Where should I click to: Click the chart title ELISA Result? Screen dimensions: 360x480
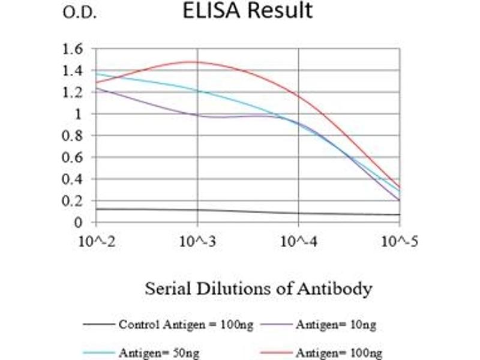[x=248, y=11]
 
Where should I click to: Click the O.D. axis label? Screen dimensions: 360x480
[x=79, y=13]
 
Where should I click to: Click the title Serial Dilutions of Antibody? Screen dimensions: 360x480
[x=258, y=289]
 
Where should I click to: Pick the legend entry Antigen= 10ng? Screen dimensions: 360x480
[x=335, y=325]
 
